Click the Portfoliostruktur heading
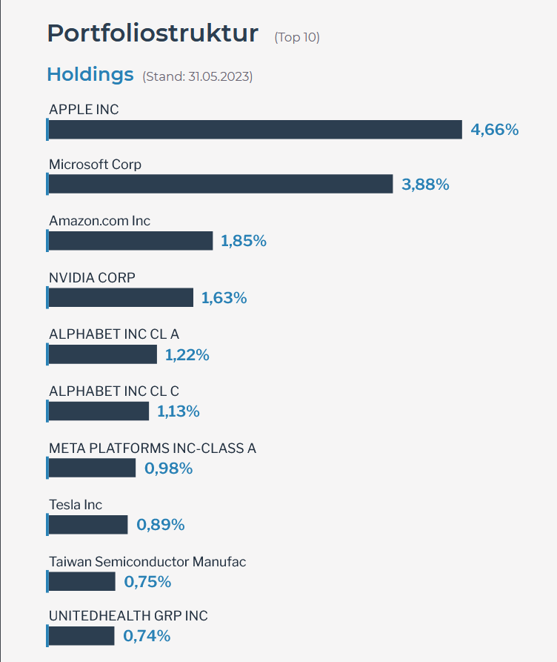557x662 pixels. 153,34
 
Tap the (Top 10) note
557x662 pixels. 297,37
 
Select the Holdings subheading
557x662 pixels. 90,75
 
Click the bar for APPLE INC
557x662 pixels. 255,130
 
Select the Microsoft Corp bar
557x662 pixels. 220,184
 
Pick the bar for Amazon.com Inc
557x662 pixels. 130,241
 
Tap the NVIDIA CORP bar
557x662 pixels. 120,298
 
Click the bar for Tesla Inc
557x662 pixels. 87,525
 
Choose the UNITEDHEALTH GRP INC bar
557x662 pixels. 81,636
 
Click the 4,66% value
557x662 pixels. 495,130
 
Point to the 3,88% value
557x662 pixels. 425,185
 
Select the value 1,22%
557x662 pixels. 187,355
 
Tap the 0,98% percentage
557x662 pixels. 168,469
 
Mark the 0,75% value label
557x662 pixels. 147,582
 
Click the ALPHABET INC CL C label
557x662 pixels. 114,391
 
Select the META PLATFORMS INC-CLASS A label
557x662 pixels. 153,448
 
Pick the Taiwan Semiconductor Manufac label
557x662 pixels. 147,562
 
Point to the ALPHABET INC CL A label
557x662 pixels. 114,334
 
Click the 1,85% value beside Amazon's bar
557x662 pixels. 244,241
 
